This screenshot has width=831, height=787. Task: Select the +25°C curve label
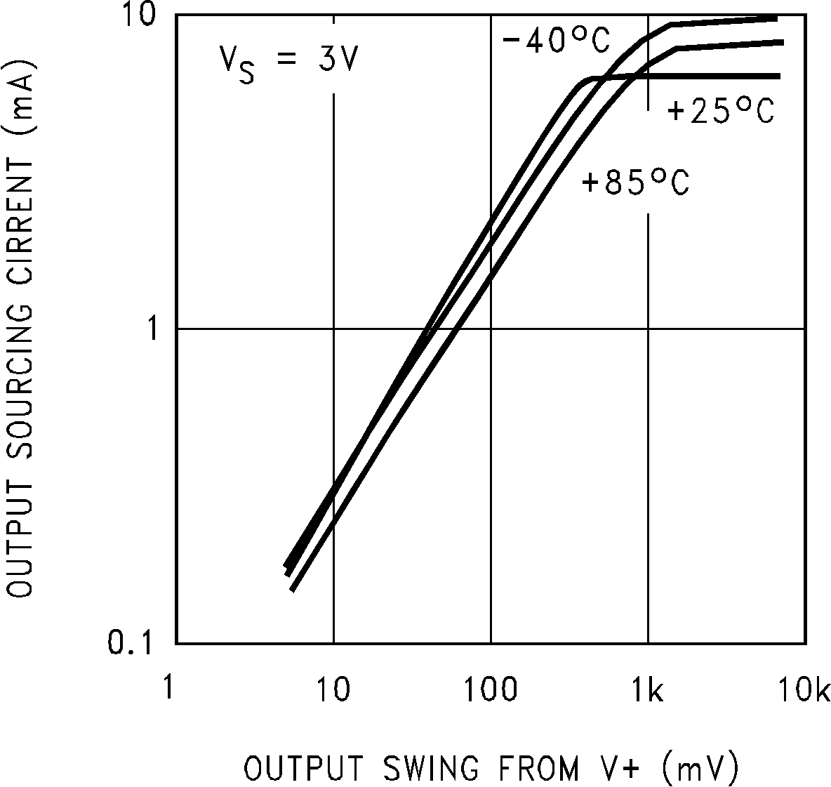(x=721, y=112)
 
